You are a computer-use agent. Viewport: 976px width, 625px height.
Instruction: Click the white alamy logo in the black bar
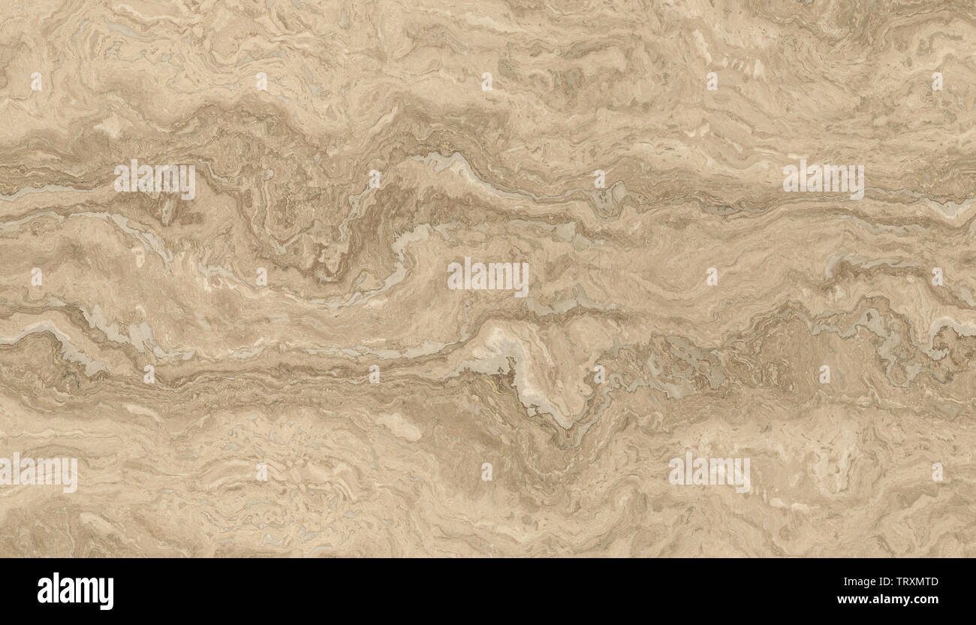tap(75, 591)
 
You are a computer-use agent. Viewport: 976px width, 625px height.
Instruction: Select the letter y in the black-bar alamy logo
tap(106, 594)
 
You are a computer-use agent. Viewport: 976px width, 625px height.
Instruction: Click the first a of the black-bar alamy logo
tap(44, 593)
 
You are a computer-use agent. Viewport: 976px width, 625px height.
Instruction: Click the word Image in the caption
tap(860, 581)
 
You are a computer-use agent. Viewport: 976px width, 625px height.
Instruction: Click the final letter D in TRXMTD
tap(934, 581)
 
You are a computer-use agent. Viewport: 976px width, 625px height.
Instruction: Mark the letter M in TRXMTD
tap(920, 581)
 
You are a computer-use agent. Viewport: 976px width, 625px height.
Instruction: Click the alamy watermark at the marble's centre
tap(488, 277)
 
